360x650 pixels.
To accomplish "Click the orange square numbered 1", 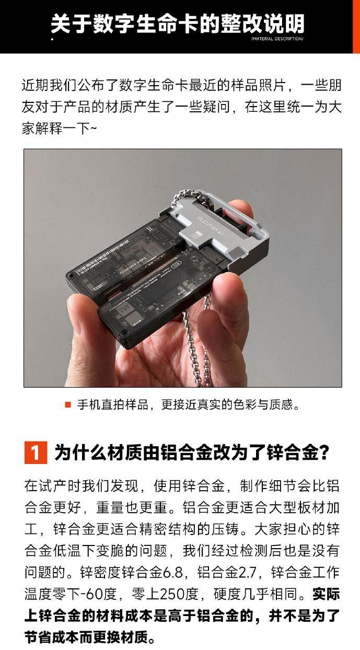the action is coord(36,452).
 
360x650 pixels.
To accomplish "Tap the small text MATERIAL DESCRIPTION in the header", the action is coord(277,39).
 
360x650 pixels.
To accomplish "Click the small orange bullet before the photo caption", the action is coord(68,405).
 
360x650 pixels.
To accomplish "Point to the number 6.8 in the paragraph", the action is coord(172,573).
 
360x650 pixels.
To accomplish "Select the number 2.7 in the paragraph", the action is coord(248,573).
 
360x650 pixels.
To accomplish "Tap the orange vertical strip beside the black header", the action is coord(356,27).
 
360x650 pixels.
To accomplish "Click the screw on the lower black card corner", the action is coord(125,332).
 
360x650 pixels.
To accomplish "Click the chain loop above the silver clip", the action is coord(194,198).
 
